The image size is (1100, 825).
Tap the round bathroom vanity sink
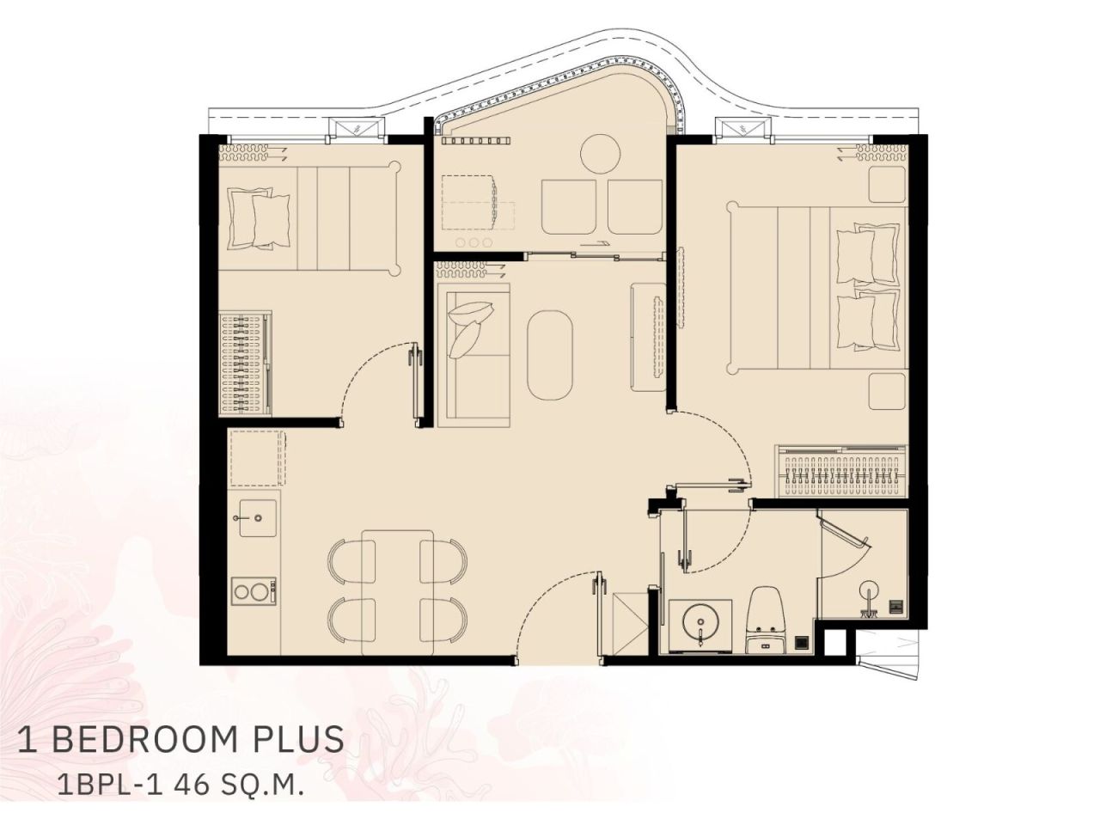point(700,620)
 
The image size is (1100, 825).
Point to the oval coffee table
point(551,355)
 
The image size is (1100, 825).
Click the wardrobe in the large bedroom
point(842,472)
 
